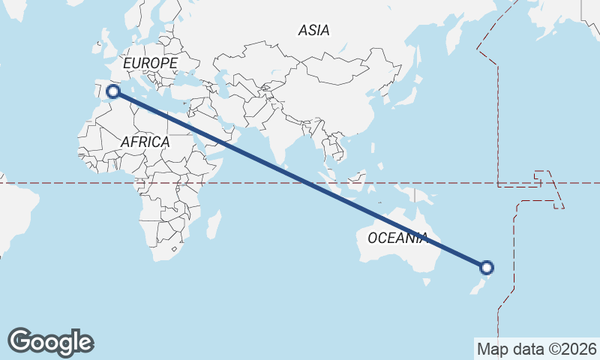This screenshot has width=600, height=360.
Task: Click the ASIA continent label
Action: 313,31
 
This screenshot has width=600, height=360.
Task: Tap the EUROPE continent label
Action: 150,64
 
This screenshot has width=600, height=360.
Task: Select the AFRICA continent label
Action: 145,141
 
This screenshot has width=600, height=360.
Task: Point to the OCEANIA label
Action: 398,238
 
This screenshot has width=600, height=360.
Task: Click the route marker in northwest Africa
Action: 113,91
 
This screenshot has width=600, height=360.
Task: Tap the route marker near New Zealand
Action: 487,267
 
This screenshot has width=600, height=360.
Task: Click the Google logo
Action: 50,342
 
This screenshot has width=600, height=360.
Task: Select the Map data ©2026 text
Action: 536,349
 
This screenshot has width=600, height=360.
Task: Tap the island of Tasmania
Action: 427,283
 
